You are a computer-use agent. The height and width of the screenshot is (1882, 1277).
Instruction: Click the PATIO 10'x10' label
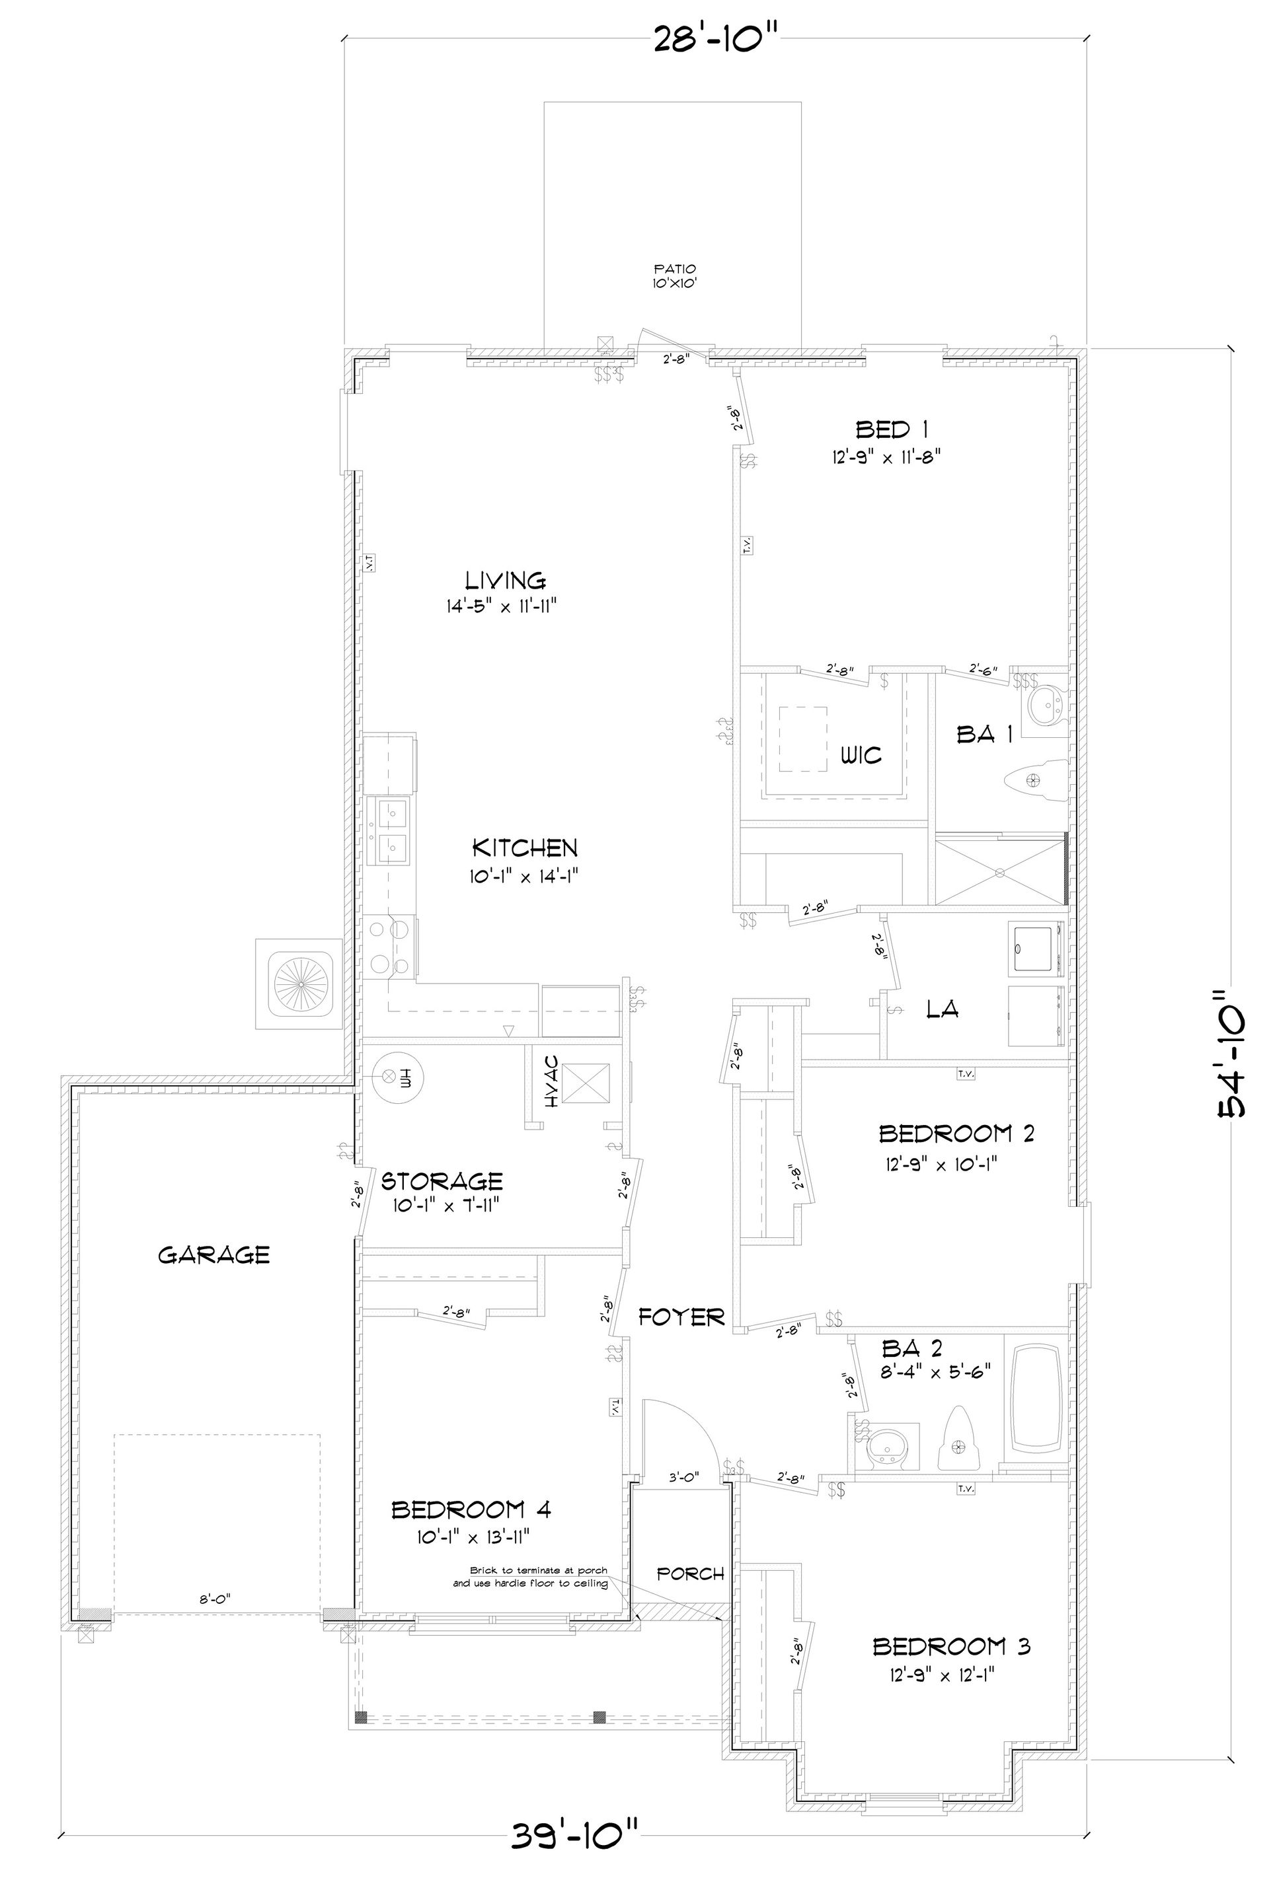pos(675,275)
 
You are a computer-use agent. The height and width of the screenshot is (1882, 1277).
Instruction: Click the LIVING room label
pos(505,580)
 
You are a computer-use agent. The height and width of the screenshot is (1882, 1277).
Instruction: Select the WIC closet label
pos(861,756)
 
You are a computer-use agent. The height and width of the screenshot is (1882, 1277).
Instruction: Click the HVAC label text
pos(553,1082)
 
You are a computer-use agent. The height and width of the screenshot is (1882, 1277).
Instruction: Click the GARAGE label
pos(213,1255)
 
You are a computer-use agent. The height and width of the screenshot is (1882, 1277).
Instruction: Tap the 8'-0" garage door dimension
pos(215,1599)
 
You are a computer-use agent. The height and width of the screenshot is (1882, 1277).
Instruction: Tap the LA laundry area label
pos(943,1008)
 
